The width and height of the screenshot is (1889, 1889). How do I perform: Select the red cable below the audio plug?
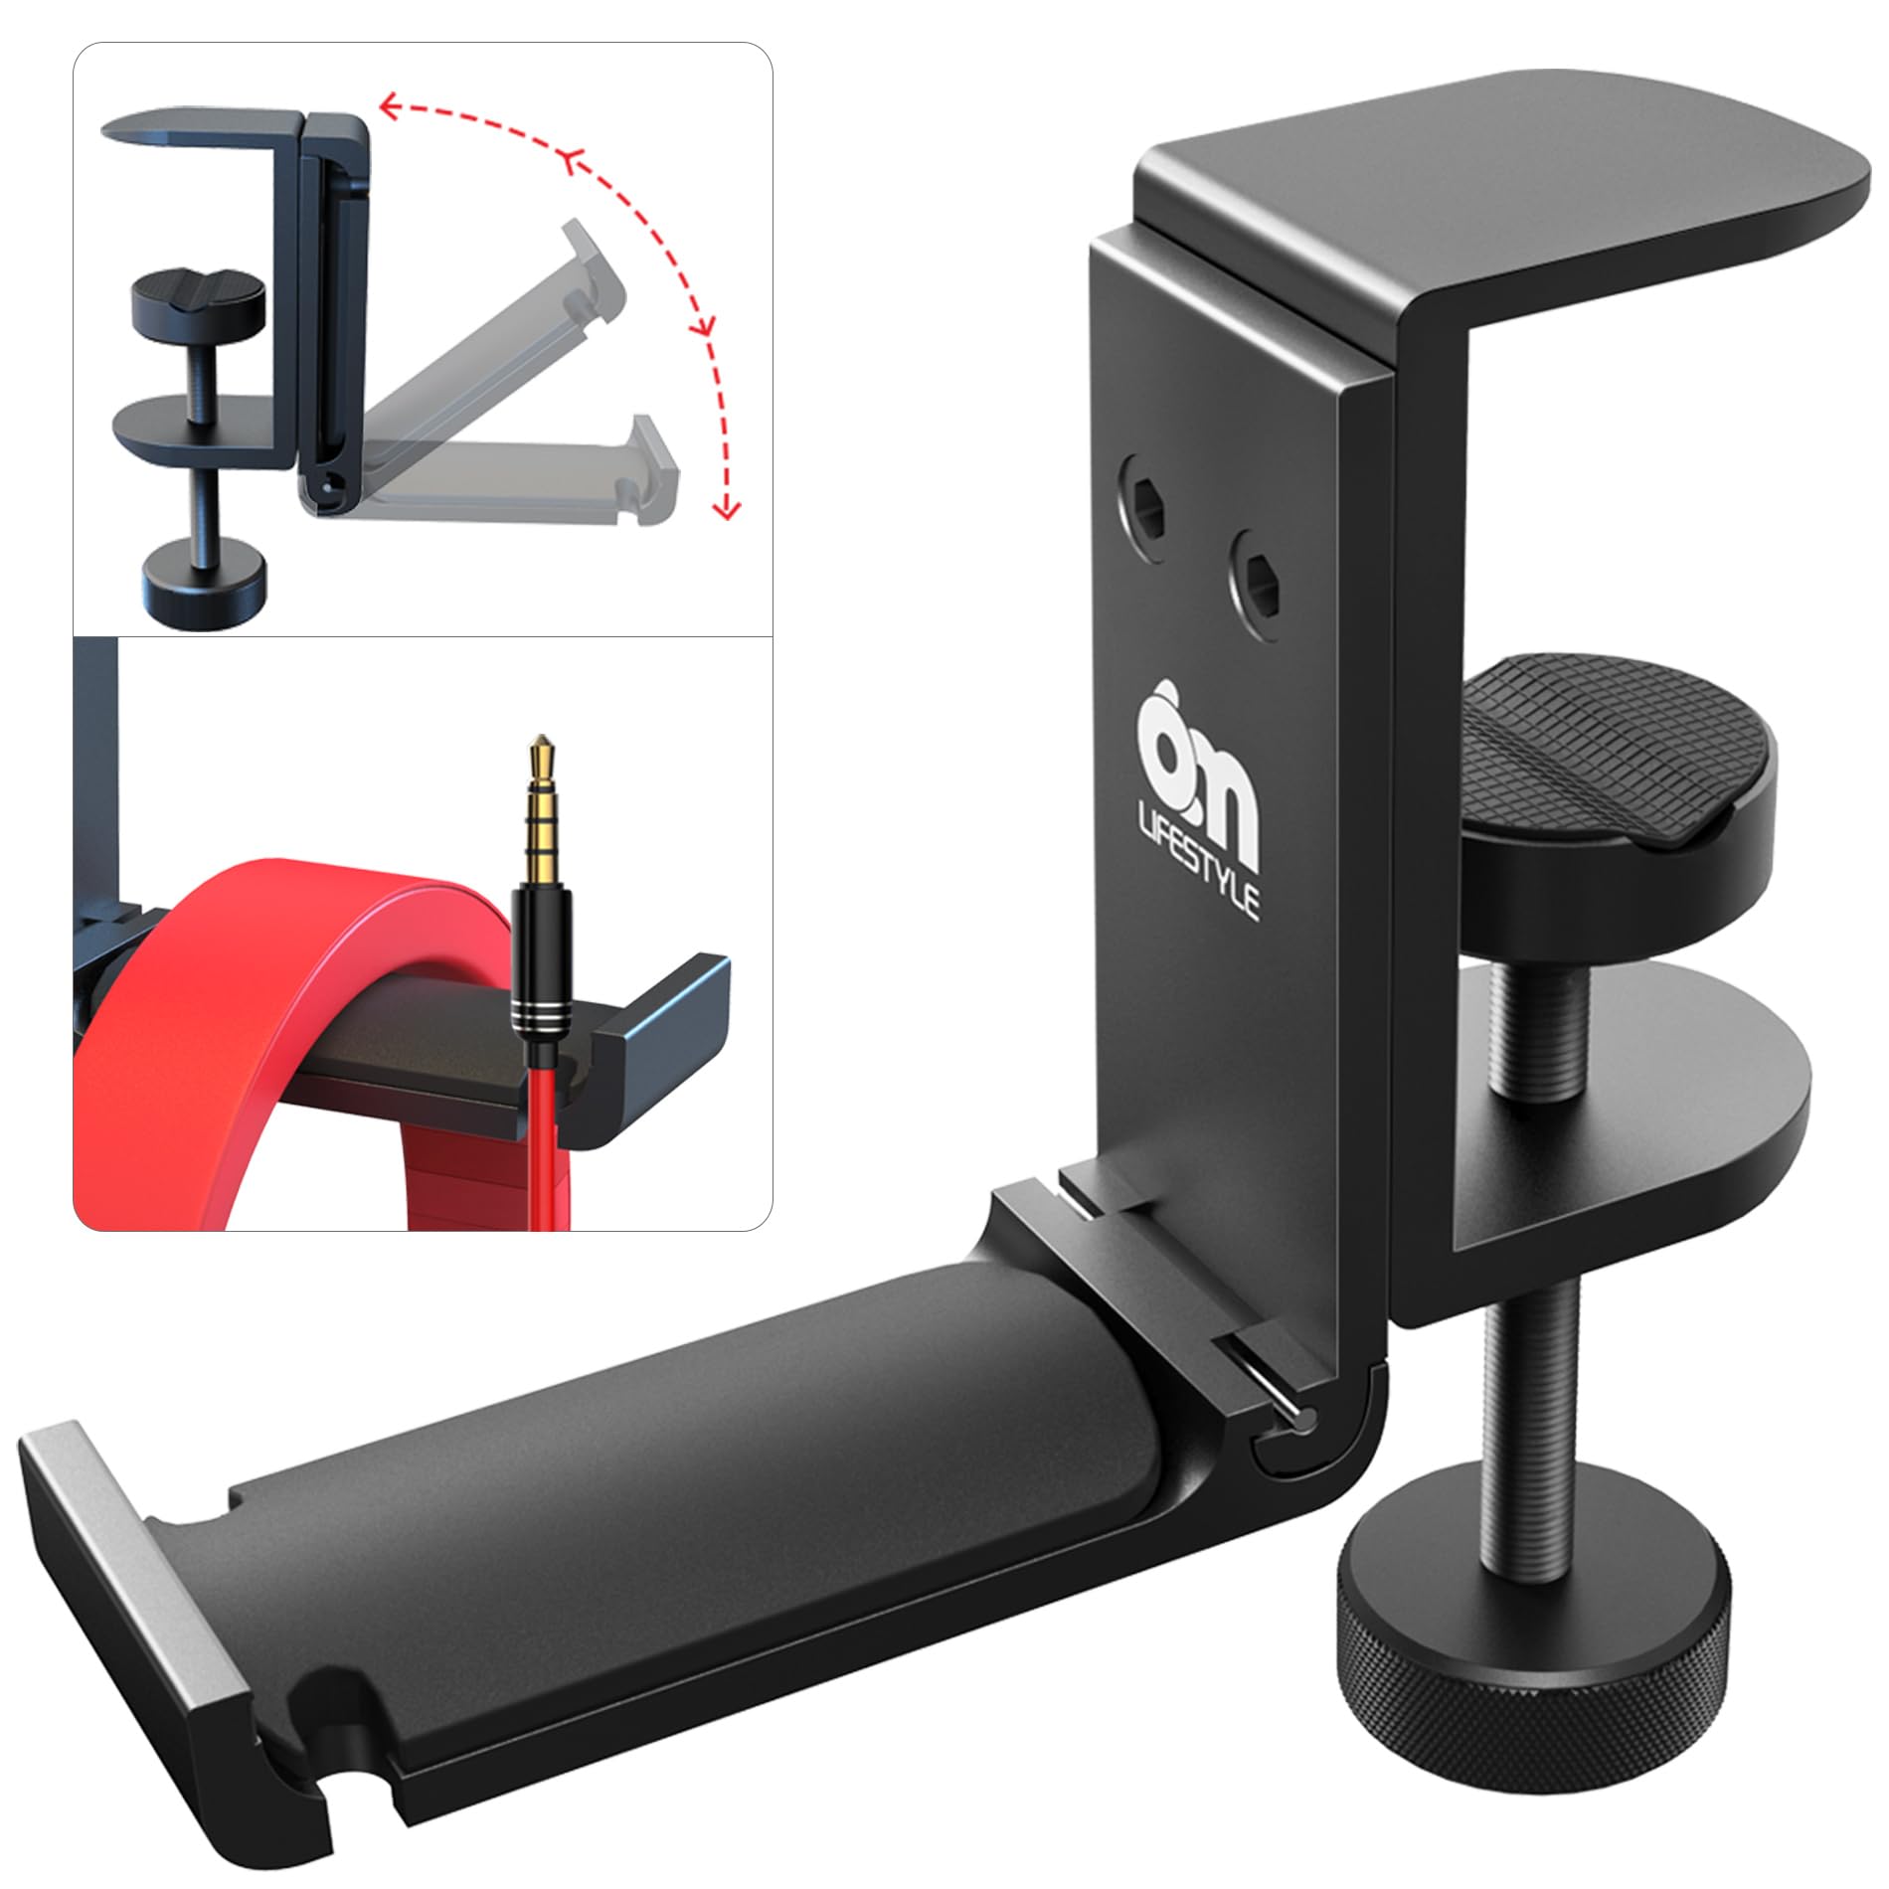point(545,1153)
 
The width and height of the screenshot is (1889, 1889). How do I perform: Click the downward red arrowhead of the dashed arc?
point(729,510)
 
